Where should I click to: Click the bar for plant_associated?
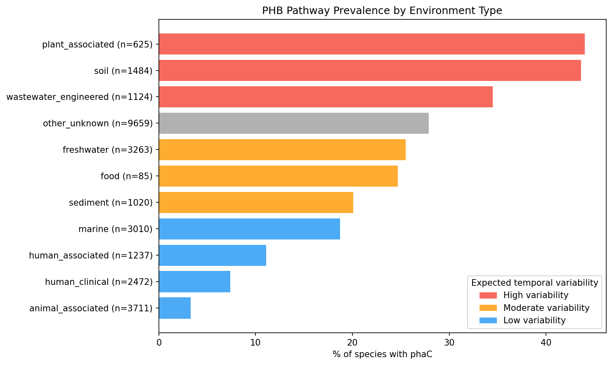(371, 44)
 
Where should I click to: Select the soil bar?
(370, 71)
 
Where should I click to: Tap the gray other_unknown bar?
(293, 123)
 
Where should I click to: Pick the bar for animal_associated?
(175, 308)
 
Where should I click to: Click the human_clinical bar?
(194, 282)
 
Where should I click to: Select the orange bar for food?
(278, 176)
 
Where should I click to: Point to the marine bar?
(249, 229)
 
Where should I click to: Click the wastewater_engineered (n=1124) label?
(80, 97)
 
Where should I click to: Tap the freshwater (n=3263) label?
(108, 150)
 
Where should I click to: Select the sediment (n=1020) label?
(111, 203)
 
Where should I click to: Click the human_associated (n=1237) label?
(91, 256)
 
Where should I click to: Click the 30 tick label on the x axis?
(449, 343)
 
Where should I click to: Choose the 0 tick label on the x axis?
(159, 343)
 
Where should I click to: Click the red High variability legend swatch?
(488, 296)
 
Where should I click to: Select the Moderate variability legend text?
(546, 308)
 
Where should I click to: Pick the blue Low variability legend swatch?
(488, 320)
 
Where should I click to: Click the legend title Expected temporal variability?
(534, 283)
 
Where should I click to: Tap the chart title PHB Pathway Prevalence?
(382, 11)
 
